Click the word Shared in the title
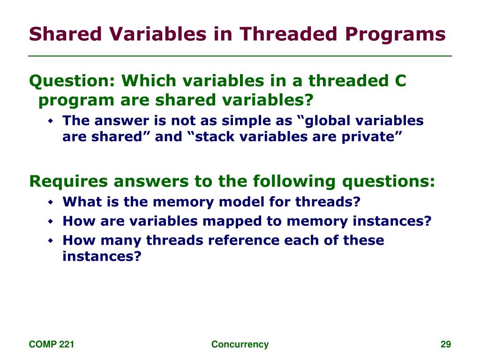65,34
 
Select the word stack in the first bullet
215,136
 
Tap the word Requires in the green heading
68,181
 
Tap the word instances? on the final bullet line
102,256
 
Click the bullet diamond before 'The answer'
51,121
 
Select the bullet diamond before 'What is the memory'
51,202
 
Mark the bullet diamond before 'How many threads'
51,241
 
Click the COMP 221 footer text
52,345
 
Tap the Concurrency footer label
240,345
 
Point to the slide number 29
446,345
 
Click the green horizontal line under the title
240,56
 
